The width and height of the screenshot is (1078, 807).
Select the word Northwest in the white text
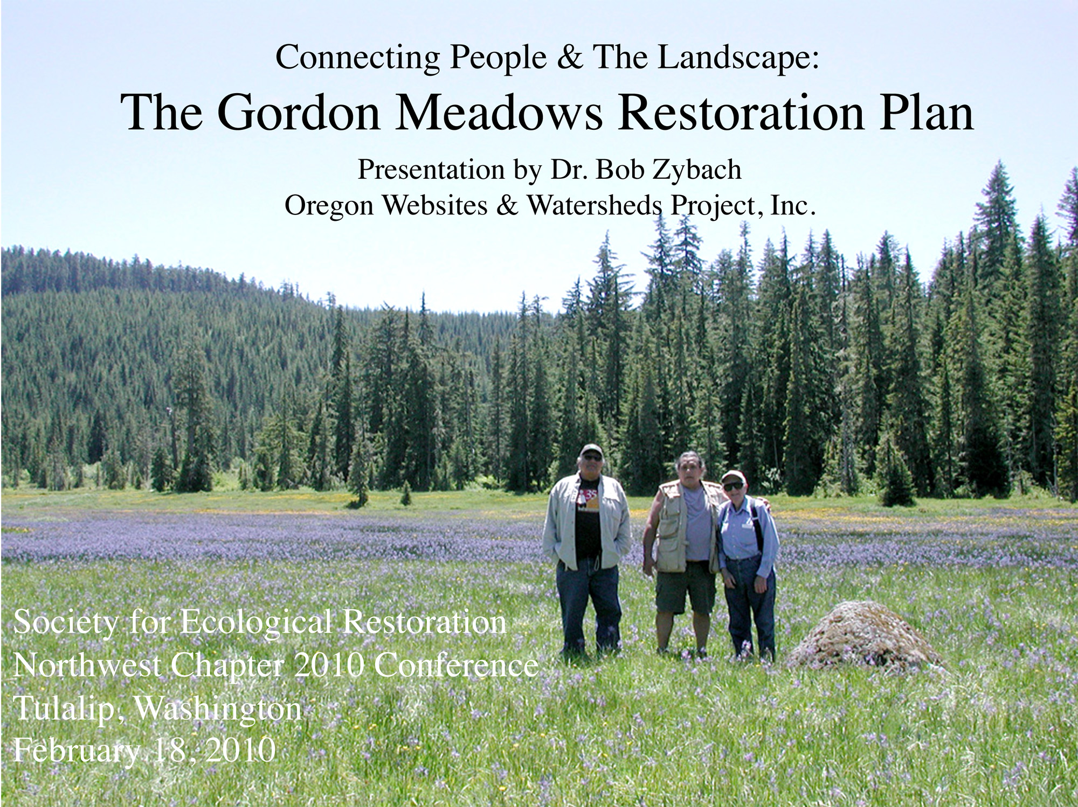(x=86, y=666)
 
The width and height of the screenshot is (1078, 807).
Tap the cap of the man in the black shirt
(x=591, y=450)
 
